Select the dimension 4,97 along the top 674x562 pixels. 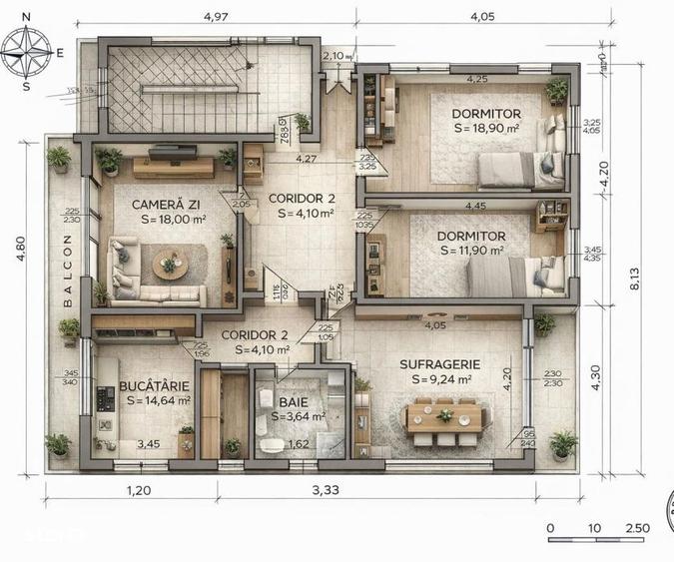click(x=216, y=17)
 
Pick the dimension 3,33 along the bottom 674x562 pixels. click(x=326, y=490)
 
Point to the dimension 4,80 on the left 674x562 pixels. click(x=19, y=268)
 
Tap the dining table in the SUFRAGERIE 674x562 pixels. click(x=444, y=417)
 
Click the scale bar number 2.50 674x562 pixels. click(x=636, y=528)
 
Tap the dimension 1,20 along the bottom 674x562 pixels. click(x=138, y=490)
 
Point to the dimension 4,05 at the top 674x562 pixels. click(x=482, y=17)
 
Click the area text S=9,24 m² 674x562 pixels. click(x=435, y=379)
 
